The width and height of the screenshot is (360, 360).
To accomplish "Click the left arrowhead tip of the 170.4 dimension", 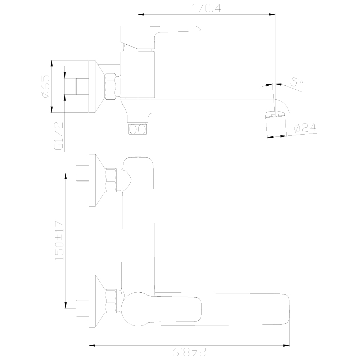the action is click(x=138, y=14).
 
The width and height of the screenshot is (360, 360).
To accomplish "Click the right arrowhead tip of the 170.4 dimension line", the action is click(x=275, y=14).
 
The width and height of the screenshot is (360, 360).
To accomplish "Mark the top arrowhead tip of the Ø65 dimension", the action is click(x=51, y=60).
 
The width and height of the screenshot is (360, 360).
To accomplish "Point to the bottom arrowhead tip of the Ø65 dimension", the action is click(x=51, y=112).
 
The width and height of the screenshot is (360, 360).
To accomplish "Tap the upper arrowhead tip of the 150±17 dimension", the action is click(x=66, y=173).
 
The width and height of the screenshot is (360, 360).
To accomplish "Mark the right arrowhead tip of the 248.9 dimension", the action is click(x=289, y=345).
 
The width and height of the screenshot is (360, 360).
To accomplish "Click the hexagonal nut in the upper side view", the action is click(x=111, y=86).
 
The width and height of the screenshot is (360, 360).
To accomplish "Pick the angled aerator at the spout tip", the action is click(x=276, y=125).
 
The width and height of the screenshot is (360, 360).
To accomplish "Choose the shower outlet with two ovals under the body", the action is click(x=138, y=129).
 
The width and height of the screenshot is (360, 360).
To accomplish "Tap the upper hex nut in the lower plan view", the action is click(x=111, y=180).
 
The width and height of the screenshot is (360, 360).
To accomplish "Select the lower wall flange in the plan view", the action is click(x=97, y=301).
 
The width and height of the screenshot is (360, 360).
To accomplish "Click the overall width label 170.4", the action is click(x=206, y=8).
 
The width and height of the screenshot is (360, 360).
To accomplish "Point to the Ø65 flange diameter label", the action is click(x=45, y=86).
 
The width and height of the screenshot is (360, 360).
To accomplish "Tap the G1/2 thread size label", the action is click(x=58, y=136).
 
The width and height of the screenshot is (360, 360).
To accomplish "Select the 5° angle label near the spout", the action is click(x=297, y=81).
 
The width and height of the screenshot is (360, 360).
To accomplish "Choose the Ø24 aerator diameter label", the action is click(x=305, y=128).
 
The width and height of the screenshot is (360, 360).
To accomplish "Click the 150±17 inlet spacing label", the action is click(x=59, y=240).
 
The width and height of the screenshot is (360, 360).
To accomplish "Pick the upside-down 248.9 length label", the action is click(x=189, y=352).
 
